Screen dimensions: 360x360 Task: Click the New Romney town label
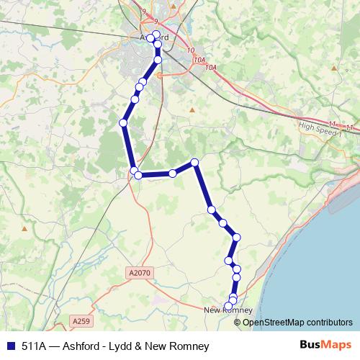(228, 311)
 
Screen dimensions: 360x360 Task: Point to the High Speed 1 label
(317, 127)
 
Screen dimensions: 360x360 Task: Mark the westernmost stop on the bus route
(123, 124)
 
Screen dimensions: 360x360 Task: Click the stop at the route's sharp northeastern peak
(194, 163)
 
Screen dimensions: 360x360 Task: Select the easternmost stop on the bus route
(236, 238)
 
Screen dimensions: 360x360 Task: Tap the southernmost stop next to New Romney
(229, 306)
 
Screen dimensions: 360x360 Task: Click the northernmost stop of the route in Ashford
(156, 34)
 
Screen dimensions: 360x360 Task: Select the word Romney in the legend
(191, 346)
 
